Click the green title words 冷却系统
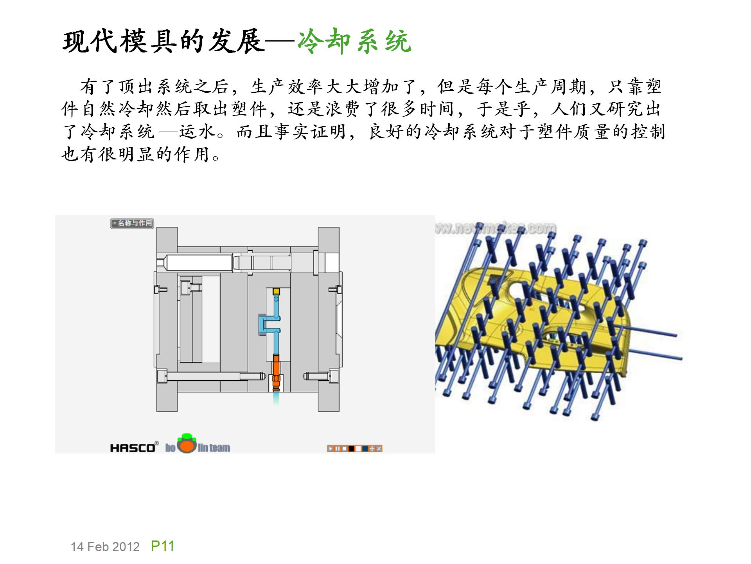point(354,41)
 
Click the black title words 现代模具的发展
point(163,41)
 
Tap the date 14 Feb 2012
point(105,547)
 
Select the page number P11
point(162,546)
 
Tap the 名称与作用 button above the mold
point(132,223)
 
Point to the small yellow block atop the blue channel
point(276,291)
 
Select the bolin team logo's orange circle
point(187,446)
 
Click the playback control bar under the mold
point(354,448)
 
